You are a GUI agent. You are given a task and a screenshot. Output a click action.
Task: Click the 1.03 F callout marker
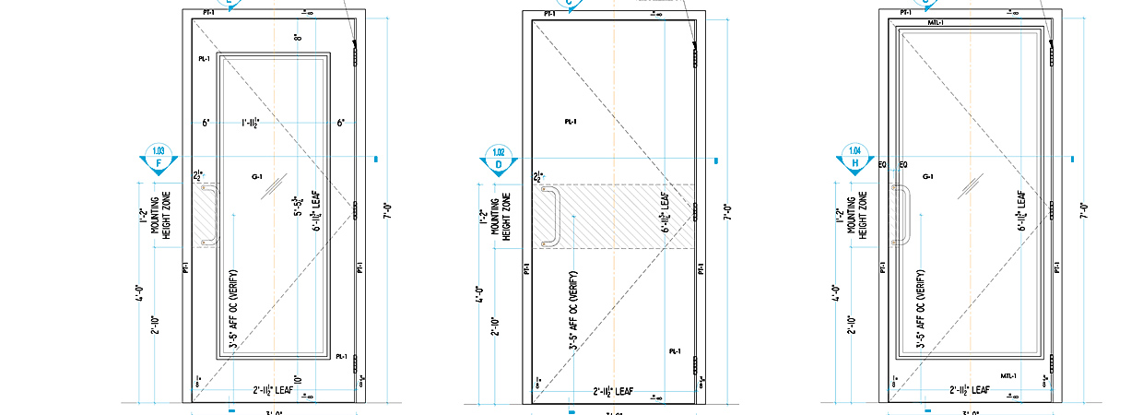point(159,160)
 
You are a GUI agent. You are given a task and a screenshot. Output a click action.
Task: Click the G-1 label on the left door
point(256,176)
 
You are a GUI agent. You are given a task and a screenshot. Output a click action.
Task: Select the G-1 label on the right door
point(927,176)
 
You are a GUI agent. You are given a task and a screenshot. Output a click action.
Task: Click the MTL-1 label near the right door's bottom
point(1009,375)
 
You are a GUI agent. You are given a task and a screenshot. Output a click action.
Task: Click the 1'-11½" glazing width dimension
point(251,122)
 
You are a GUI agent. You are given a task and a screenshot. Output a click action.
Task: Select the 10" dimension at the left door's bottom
point(298,379)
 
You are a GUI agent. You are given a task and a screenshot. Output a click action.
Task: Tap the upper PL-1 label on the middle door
point(571,122)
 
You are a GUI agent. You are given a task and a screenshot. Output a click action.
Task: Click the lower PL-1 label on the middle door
point(674,351)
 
